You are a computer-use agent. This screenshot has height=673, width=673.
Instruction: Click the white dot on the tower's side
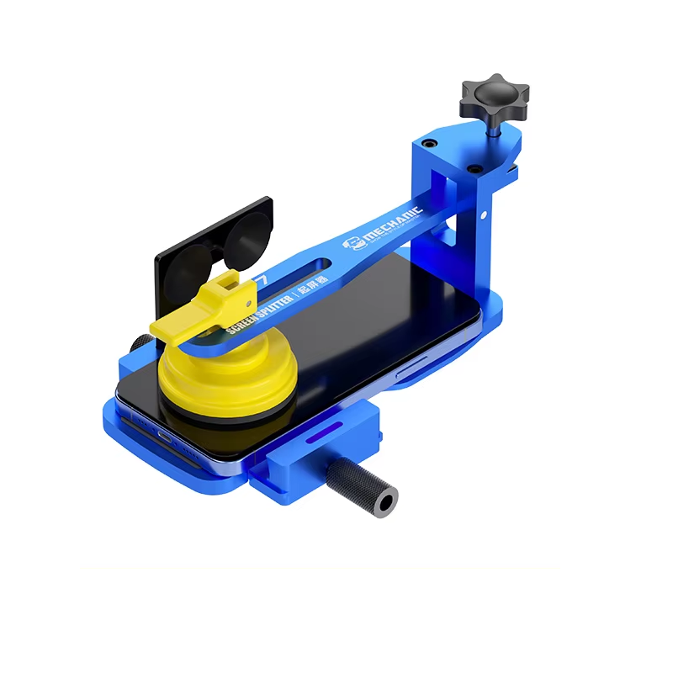(485, 215)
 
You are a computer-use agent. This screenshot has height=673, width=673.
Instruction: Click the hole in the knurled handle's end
(386, 503)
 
